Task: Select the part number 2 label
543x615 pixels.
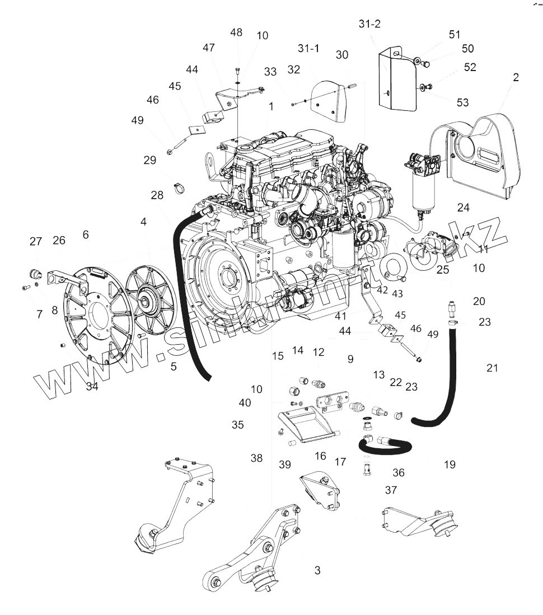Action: click(515, 77)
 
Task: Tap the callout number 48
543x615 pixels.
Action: click(236, 32)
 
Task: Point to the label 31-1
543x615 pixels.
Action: click(308, 49)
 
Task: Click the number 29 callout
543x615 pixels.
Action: click(149, 160)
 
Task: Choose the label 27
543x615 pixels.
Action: click(36, 241)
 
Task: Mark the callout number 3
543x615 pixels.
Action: click(317, 571)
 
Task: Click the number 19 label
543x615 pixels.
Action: click(450, 464)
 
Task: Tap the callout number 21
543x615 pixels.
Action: click(492, 368)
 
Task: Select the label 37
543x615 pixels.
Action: click(391, 490)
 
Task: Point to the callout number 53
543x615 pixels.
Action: click(462, 102)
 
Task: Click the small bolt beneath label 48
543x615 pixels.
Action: click(236, 71)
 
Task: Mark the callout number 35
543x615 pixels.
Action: click(238, 425)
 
